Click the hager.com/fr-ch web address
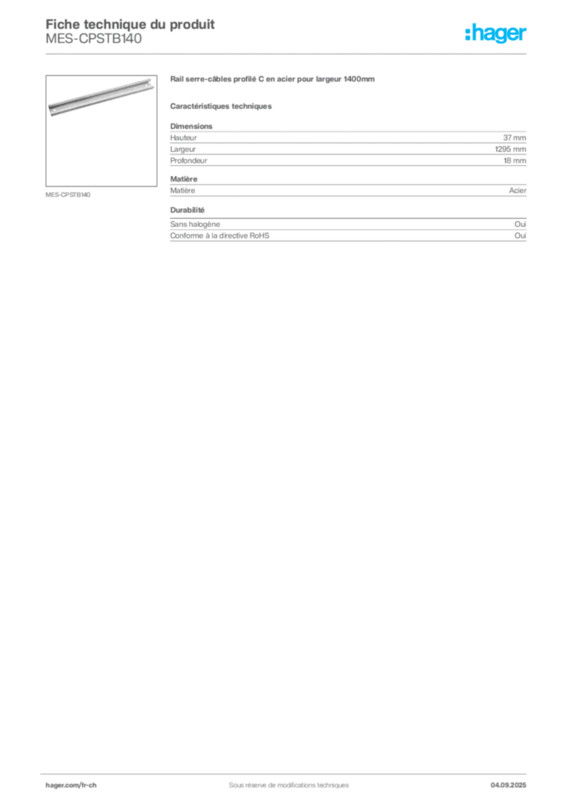coord(77,784)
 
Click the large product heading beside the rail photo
coord(273,81)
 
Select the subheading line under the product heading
coord(222,106)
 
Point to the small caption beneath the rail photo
coord(69,194)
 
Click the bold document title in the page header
coord(131,22)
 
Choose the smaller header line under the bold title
coord(94,45)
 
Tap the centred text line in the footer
coord(283,779)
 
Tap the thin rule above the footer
coord(288,770)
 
